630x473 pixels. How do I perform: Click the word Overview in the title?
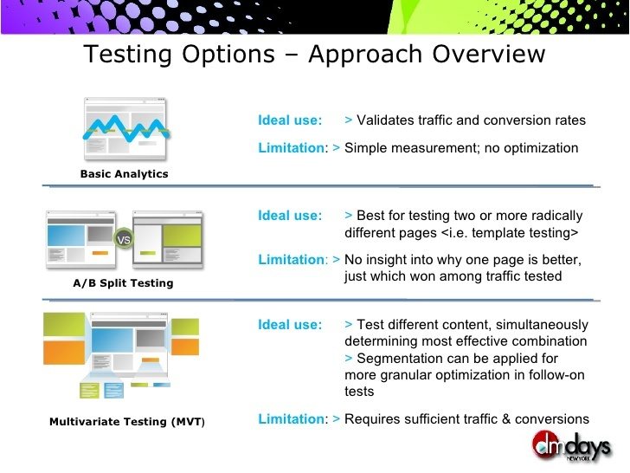488,54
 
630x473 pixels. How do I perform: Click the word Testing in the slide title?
127,55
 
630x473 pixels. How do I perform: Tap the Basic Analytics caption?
124,174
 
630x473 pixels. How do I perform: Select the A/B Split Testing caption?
123,282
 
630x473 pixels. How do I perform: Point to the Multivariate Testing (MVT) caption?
127,422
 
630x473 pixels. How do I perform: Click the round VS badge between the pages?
124,240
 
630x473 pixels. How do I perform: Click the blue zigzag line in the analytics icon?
126,128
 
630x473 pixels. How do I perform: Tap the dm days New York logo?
571,445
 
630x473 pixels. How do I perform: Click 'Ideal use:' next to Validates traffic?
290,120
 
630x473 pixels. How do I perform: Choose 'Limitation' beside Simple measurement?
291,147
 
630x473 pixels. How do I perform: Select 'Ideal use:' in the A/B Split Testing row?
290,215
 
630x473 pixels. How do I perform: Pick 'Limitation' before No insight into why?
291,259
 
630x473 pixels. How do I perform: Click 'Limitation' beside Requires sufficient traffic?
291,418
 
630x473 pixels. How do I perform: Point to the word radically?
557,215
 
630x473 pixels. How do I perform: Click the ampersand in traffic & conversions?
506,418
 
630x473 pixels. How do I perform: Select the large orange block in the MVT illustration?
64,353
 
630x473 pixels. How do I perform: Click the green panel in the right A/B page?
182,236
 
